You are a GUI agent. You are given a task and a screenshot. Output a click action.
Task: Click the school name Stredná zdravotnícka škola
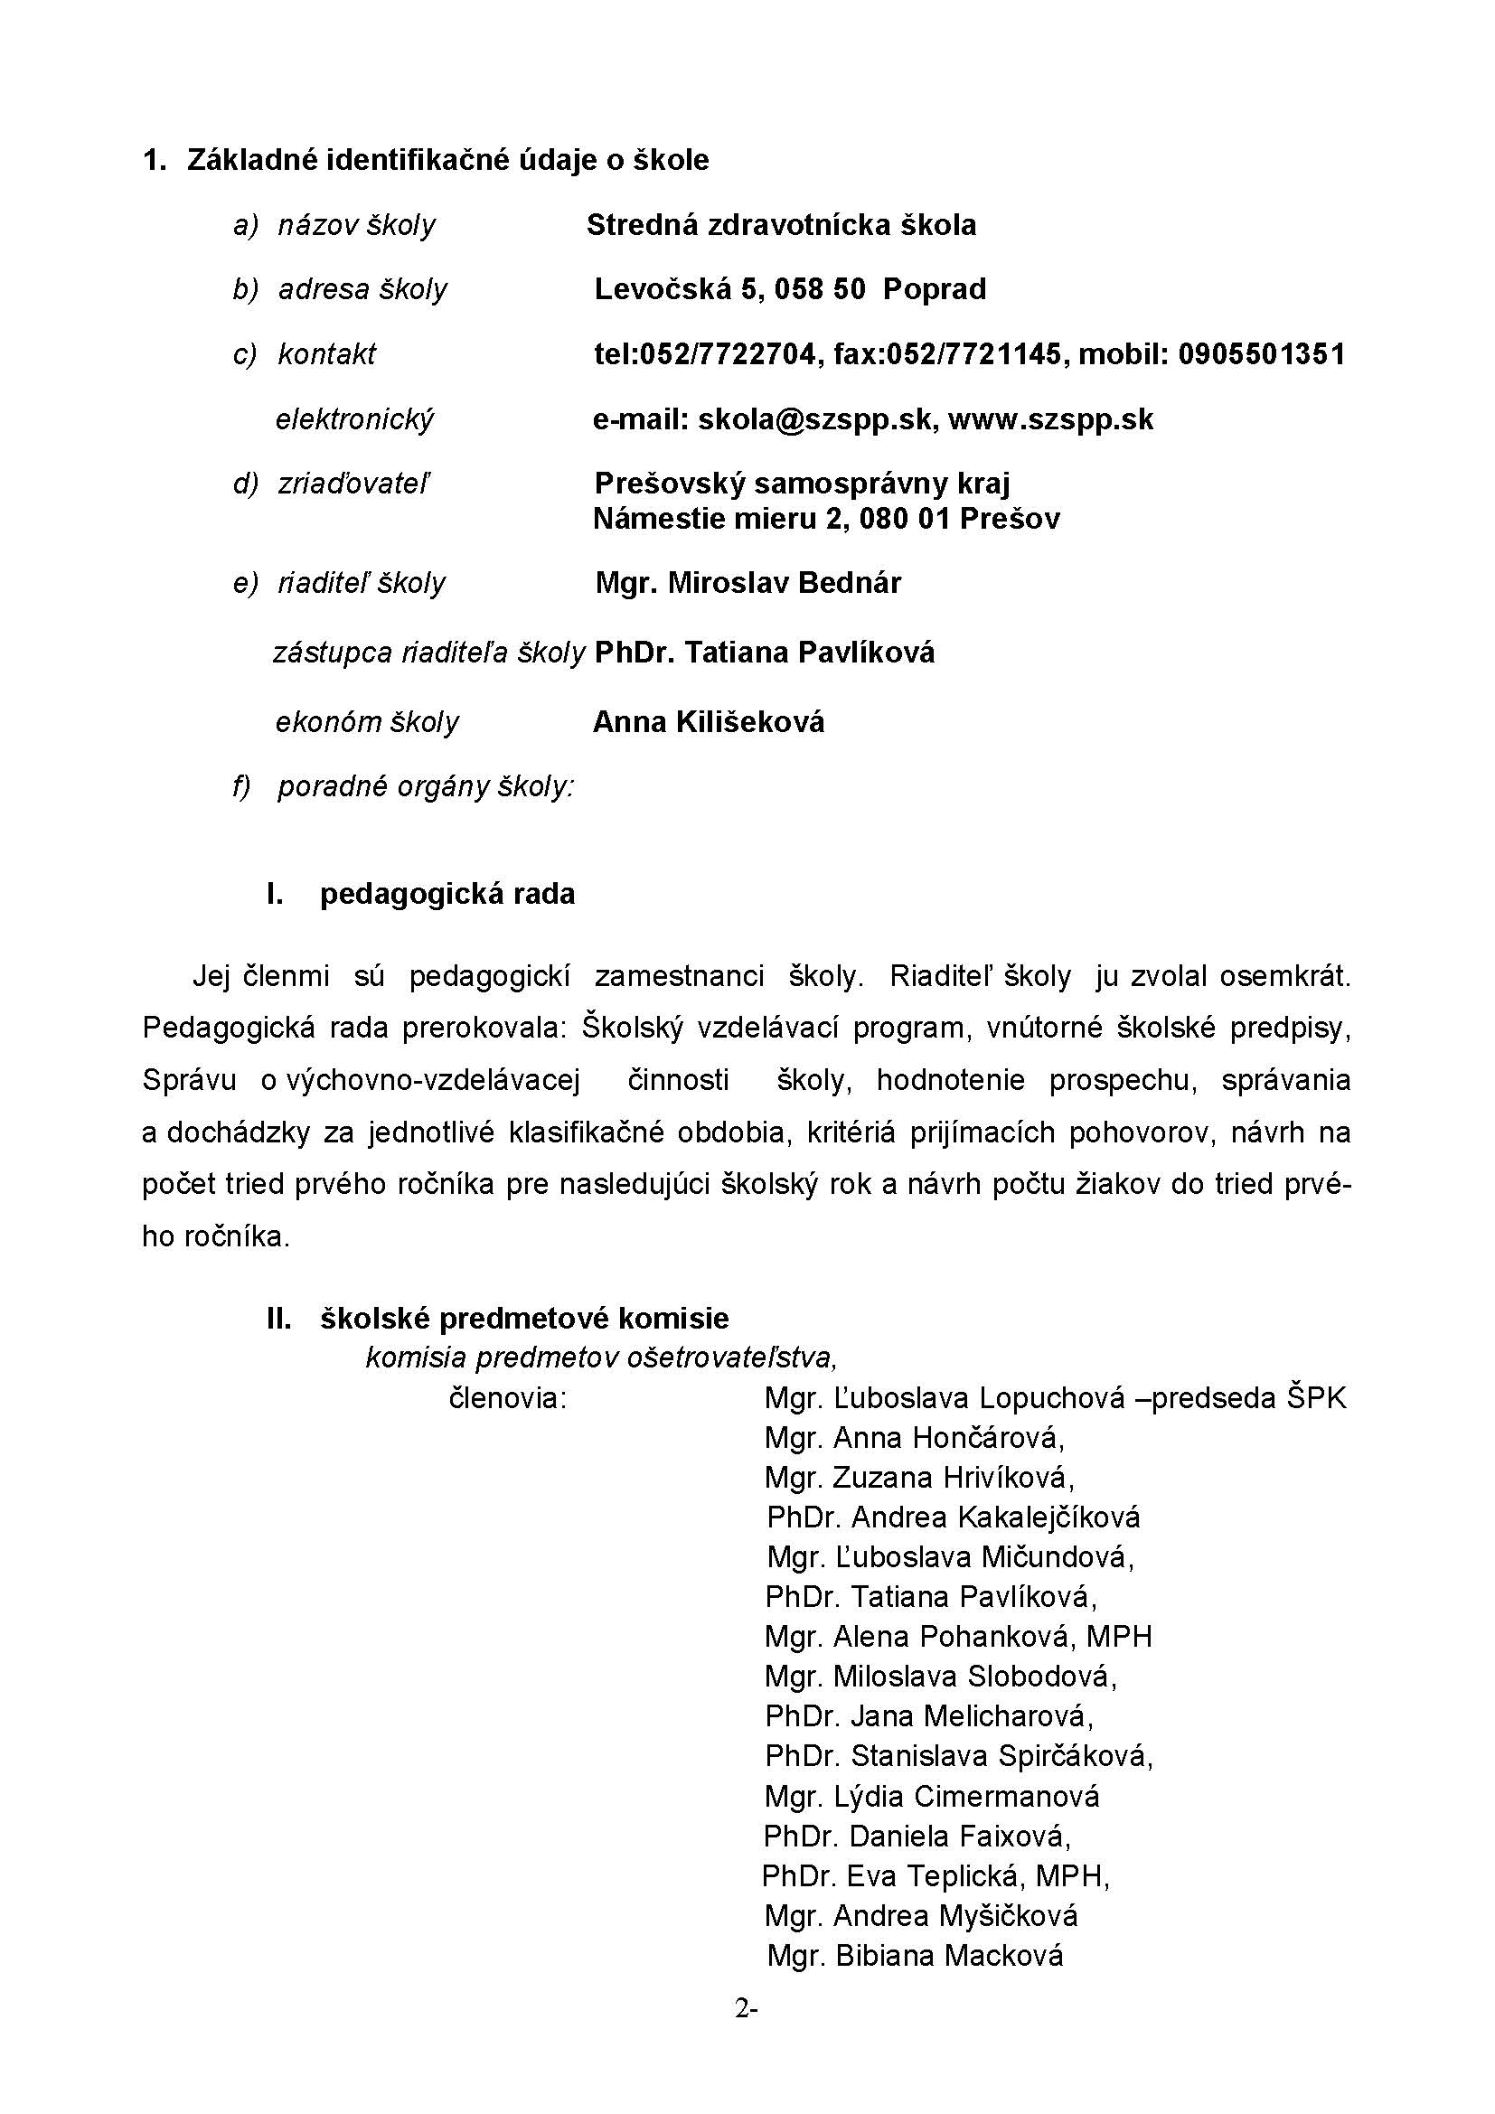(x=781, y=225)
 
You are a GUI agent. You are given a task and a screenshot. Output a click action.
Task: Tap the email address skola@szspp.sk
(x=816, y=420)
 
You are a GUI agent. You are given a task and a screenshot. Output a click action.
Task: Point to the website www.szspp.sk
(x=1050, y=420)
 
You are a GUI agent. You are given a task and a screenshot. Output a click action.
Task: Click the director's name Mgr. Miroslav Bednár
(x=747, y=583)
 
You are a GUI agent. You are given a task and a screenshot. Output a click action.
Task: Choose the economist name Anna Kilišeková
(x=708, y=722)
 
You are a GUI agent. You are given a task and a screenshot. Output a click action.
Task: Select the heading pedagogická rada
(x=447, y=894)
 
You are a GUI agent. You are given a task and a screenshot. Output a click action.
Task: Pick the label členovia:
(x=507, y=1398)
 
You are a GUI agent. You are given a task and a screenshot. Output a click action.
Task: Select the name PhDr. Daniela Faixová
(x=917, y=1837)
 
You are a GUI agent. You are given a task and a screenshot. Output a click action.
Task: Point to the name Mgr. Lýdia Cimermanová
(x=932, y=1797)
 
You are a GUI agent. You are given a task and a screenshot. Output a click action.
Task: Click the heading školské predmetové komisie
(x=524, y=1319)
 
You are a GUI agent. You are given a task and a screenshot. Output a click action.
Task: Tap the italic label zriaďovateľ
(x=353, y=484)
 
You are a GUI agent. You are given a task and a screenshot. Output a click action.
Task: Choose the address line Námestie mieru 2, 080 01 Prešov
(x=826, y=520)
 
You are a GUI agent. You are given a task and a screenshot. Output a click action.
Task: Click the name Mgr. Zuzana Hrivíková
(x=918, y=1478)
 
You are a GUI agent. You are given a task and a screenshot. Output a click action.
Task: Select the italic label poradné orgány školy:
(x=426, y=787)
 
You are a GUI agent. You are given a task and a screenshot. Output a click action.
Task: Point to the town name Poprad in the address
(x=935, y=289)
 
